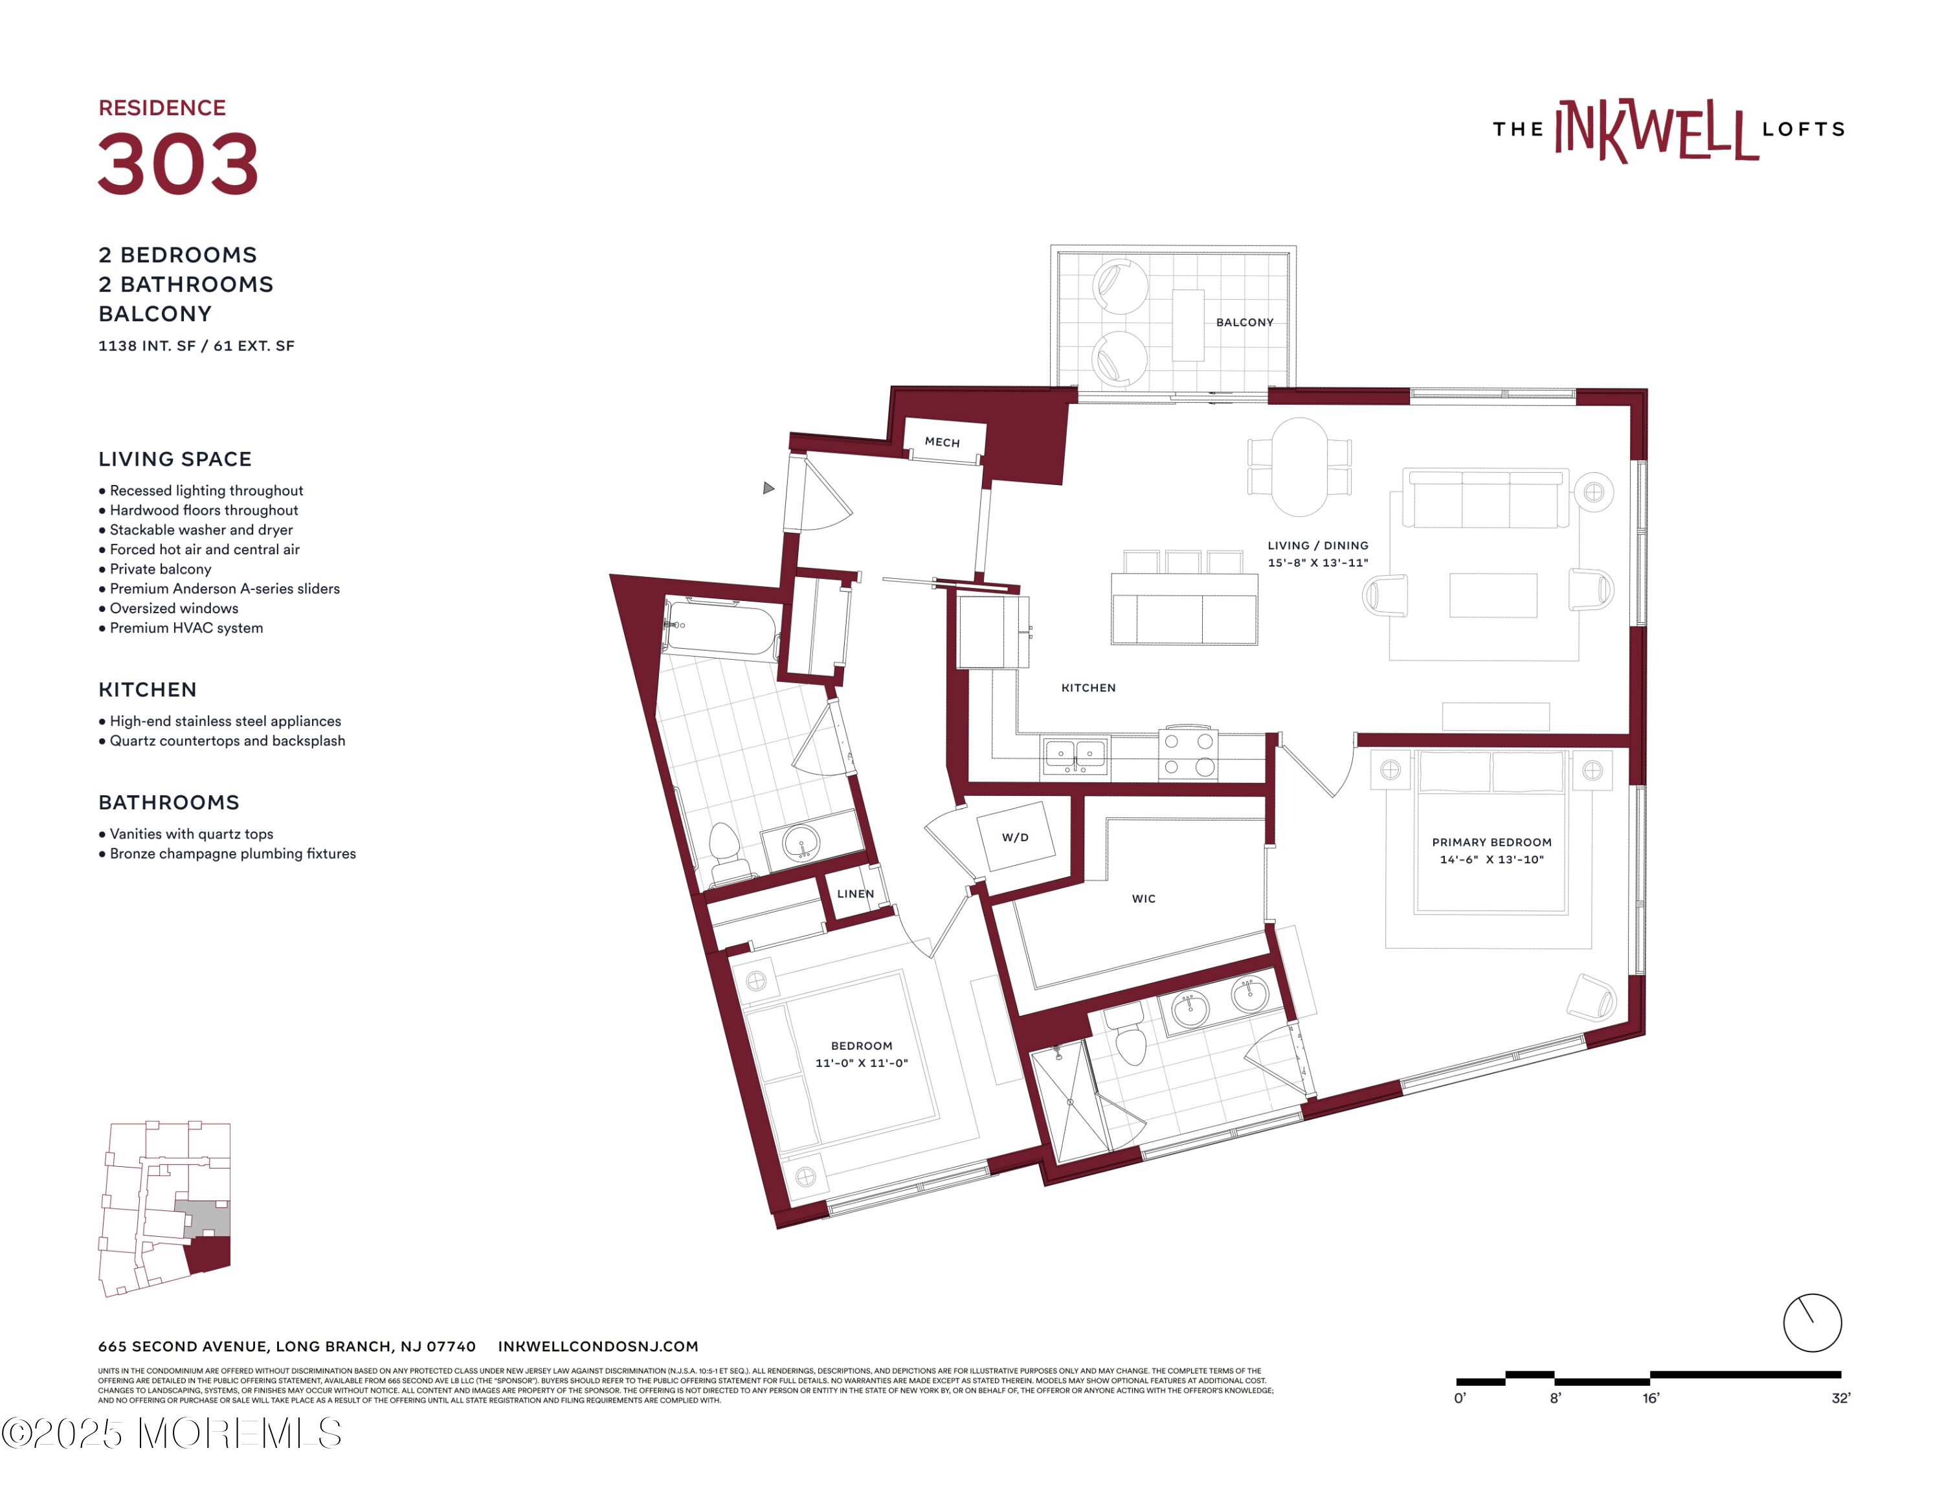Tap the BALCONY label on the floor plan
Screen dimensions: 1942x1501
[1244, 322]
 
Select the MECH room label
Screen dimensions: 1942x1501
[942, 442]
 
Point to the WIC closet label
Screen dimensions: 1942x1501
[1143, 898]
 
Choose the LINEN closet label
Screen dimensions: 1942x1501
[854, 894]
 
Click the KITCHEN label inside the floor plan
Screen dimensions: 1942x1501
[1088, 688]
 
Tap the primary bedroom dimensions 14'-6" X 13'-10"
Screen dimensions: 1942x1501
[1491, 859]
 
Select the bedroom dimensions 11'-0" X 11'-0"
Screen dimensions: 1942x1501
[861, 1063]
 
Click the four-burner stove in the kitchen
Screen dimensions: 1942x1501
[1188, 754]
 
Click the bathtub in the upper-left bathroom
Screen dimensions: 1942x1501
[721, 627]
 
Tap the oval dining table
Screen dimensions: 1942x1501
[1299, 467]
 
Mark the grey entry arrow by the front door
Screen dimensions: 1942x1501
[769, 488]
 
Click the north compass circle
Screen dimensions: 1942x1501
[1811, 1322]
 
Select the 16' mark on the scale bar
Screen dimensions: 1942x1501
[1650, 1398]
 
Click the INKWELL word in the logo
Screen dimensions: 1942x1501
[1656, 131]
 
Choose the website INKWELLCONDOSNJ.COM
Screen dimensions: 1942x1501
[597, 1346]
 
